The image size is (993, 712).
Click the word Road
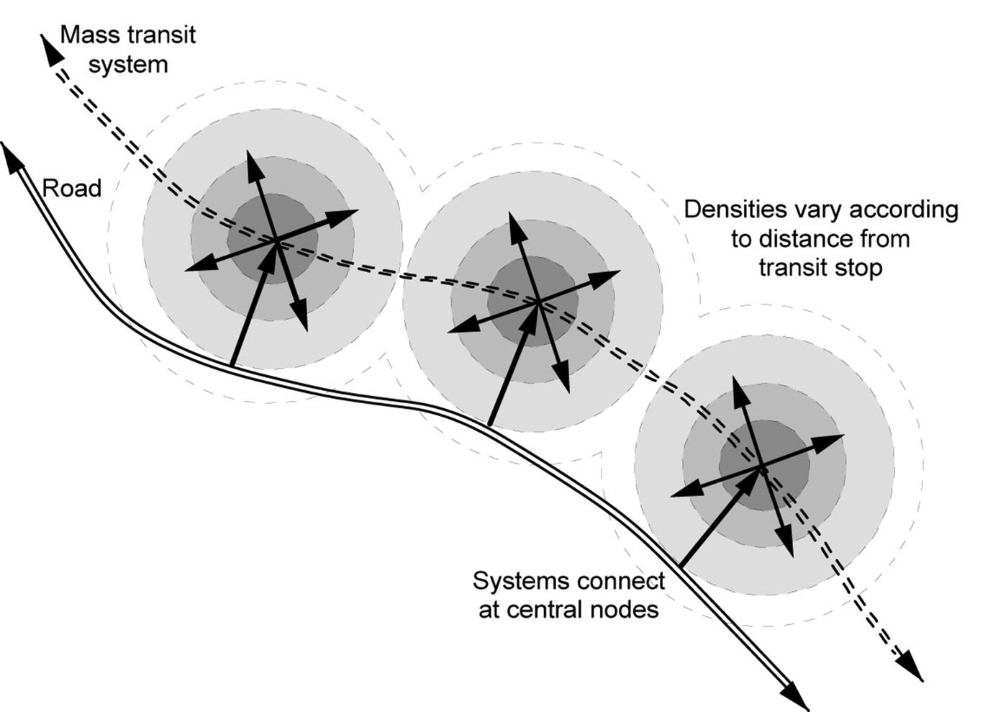pos(72,189)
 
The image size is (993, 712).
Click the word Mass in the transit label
pos(89,35)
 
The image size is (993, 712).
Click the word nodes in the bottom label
pos(624,610)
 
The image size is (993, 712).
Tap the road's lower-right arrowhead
pos(799,700)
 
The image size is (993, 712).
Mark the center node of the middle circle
pos(539,302)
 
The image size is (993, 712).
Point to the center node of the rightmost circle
pos(762,467)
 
